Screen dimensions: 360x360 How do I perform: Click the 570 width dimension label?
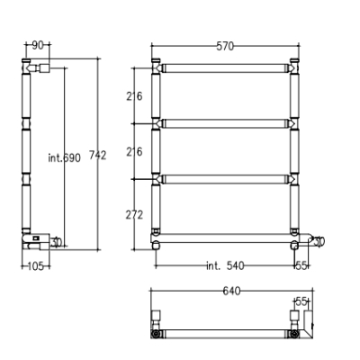click(x=225, y=46)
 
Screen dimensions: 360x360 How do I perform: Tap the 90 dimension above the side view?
click(x=38, y=46)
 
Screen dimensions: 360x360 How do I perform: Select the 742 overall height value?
click(x=98, y=156)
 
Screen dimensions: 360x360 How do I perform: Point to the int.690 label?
click(x=64, y=157)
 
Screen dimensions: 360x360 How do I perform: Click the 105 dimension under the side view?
click(x=36, y=265)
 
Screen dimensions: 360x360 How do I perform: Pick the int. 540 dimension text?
click(x=225, y=265)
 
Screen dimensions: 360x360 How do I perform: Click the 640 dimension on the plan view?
click(x=231, y=291)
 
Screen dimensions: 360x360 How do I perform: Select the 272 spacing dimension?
click(x=134, y=215)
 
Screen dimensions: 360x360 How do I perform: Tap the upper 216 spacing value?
click(x=134, y=96)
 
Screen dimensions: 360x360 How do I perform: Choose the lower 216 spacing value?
click(x=134, y=152)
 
